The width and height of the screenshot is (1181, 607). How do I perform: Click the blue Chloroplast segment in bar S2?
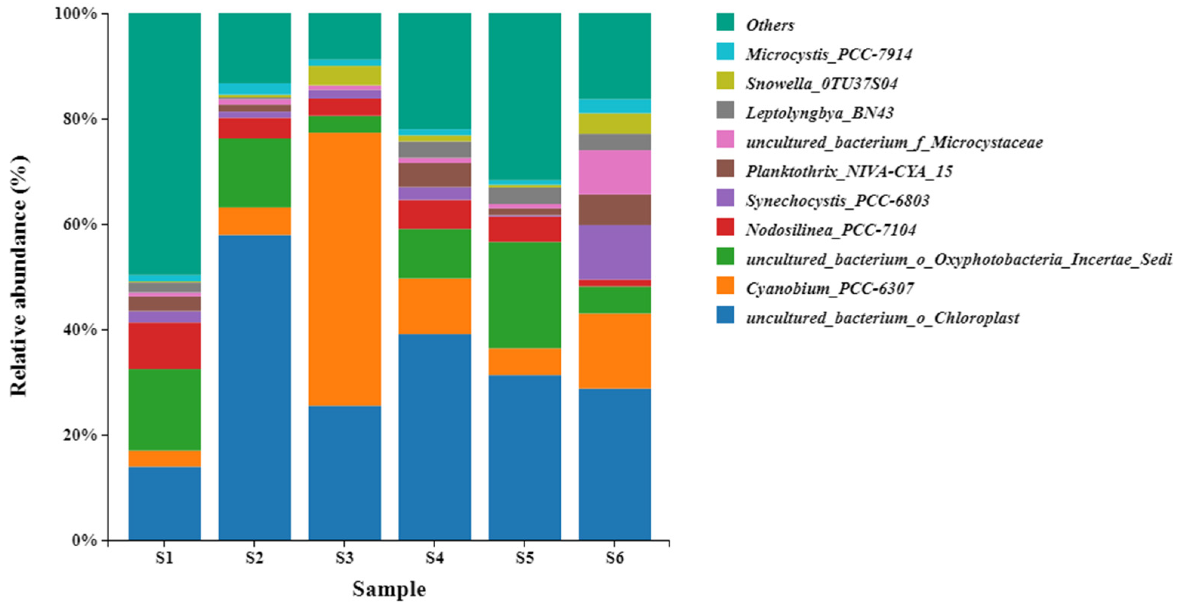point(254,387)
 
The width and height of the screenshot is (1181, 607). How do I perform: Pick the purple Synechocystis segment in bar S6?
point(614,252)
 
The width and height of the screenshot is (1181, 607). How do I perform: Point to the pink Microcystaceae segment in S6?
point(614,173)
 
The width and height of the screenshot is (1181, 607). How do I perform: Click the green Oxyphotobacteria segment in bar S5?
point(524,295)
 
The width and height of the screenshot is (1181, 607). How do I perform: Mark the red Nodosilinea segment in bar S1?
point(165,346)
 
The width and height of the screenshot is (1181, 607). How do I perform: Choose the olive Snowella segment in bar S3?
point(344,75)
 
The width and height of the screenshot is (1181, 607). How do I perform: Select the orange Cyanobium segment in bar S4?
point(435,306)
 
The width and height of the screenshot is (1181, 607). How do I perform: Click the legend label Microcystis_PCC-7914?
point(829,54)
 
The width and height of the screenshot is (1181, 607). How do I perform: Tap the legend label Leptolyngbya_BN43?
point(820,113)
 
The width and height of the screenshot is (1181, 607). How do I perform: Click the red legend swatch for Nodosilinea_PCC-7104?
point(725,227)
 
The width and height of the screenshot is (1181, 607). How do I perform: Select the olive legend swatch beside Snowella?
point(725,81)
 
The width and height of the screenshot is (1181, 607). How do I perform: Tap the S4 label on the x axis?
point(435,558)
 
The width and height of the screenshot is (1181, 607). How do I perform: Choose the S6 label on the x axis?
point(614,558)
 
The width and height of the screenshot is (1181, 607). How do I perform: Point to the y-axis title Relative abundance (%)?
point(19,275)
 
